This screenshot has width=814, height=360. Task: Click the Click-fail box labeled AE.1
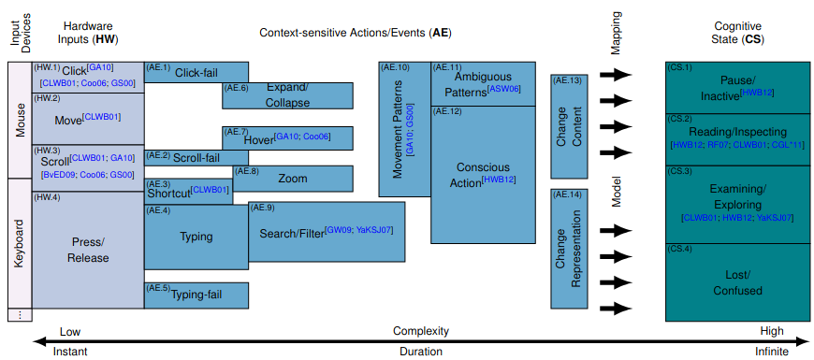(x=196, y=72)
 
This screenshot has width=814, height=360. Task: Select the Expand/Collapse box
(x=287, y=95)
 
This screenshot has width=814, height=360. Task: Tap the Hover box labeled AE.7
(x=287, y=137)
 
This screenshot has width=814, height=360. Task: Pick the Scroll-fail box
(x=196, y=157)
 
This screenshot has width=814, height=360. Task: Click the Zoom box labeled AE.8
(x=293, y=179)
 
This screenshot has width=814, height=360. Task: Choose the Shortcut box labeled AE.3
(x=188, y=191)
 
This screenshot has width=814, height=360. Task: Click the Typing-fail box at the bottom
(x=196, y=295)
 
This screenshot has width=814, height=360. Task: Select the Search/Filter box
(x=327, y=232)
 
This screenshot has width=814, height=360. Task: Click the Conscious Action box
(x=483, y=174)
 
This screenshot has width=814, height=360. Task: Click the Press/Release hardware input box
(x=87, y=250)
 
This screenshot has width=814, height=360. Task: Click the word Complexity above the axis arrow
(x=420, y=331)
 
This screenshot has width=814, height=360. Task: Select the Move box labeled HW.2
(x=87, y=118)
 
